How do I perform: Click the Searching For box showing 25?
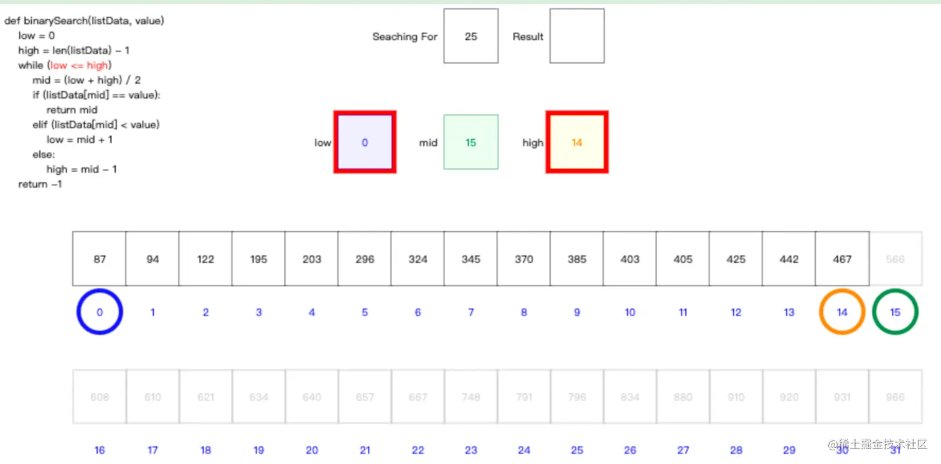coord(470,36)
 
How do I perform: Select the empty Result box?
coord(576,36)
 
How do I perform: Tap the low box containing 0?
coord(365,142)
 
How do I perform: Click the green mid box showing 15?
coord(470,142)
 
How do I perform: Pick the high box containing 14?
coord(576,142)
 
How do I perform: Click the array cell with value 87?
coord(100,259)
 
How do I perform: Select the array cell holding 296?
coord(365,259)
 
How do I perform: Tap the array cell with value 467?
coord(841,259)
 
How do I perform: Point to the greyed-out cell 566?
coord(895,259)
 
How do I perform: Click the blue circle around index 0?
coord(100,312)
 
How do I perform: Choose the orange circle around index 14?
coord(841,312)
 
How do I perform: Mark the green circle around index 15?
coord(895,312)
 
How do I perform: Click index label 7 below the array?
coord(470,312)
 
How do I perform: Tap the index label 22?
coord(418,450)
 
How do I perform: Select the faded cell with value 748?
coord(470,397)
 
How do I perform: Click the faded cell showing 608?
coord(100,397)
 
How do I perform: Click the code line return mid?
coord(72,110)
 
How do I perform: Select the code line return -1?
coord(40,184)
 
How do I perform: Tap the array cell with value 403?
coord(630,259)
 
